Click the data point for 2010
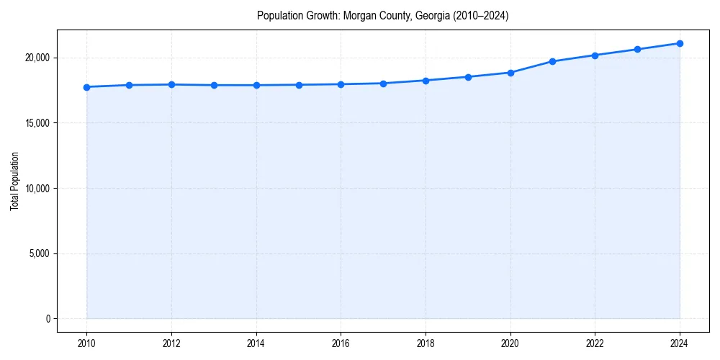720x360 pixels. pos(86,87)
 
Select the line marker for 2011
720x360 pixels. pos(129,85)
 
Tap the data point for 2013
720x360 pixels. pos(214,85)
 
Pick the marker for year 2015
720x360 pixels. pos(299,85)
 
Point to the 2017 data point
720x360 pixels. pos(383,84)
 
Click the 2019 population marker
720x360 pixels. pos(468,77)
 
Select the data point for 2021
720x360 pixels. pos(552,61)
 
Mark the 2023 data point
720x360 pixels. pos(637,49)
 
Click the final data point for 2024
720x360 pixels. pos(680,43)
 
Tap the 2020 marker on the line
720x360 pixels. pos(510,73)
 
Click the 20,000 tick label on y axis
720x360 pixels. pos(37,58)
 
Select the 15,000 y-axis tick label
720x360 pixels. pos(37,123)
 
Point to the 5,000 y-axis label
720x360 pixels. pos(39,253)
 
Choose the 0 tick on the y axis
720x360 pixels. pos(47,319)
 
